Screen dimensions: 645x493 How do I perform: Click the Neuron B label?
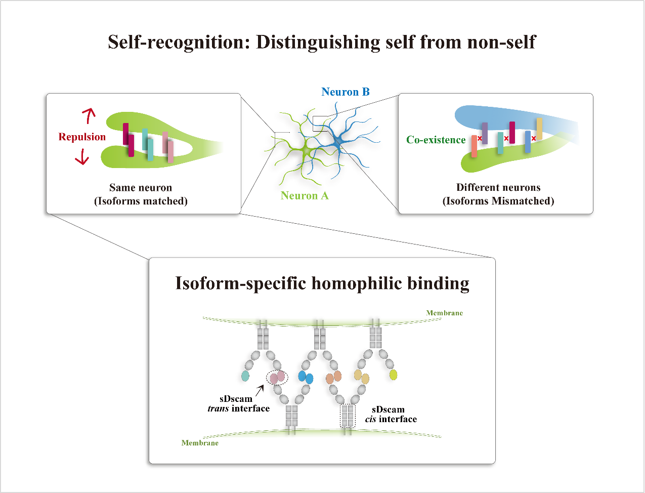(346, 92)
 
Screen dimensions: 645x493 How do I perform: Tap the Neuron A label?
(305, 195)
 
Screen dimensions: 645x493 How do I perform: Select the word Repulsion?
(82, 137)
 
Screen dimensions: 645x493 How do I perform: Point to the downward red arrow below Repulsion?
(82, 157)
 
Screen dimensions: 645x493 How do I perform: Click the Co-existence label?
(436, 140)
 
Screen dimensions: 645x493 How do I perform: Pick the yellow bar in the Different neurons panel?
(539, 129)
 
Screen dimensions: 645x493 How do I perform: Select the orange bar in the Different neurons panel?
(474, 146)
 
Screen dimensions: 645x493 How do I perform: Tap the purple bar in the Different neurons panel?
(485, 133)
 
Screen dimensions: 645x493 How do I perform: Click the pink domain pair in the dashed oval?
(277, 377)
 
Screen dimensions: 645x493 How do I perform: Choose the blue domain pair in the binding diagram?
(306, 377)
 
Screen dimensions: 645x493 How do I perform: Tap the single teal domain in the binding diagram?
(245, 376)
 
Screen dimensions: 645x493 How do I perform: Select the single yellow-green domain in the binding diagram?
(393, 375)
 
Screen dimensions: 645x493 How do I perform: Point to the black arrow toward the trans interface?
(260, 391)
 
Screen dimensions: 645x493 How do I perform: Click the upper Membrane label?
(444, 313)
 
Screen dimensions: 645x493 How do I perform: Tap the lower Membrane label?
(200, 443)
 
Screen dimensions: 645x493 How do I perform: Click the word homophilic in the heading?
(357, 283)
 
